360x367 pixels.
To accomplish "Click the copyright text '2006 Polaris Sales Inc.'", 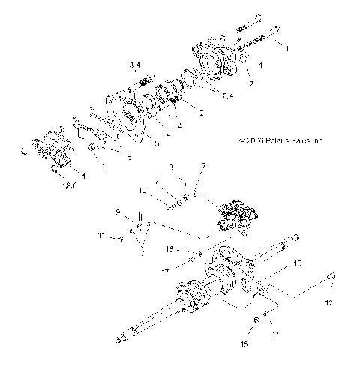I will (280, 140).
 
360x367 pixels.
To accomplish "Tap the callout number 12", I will (326, 303).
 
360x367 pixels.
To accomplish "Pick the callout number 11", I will (102, 236).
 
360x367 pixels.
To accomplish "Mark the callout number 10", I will (143, 191).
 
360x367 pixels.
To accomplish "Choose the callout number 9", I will (118, 213).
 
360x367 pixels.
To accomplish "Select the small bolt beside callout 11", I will (120, 239).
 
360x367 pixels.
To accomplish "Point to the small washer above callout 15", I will (256, 320).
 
